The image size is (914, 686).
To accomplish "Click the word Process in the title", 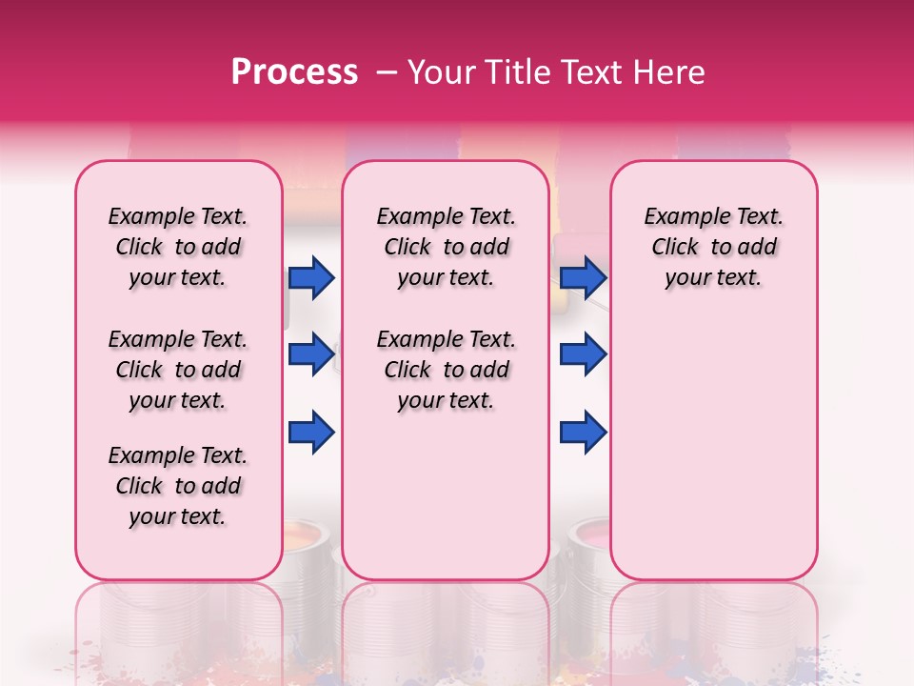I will [294, 72].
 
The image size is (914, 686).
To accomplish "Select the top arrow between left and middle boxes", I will [311, 278].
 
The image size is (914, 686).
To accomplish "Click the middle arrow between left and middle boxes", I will [311, 355].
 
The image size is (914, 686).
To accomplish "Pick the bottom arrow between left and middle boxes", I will [311, 433].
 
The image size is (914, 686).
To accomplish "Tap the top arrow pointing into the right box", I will [583, 278].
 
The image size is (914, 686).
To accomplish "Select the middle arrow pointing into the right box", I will [583, 355].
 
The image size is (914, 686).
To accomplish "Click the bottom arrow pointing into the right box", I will [583, 433].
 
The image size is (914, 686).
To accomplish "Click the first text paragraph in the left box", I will [177, 248].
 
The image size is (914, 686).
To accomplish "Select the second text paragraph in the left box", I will [177, 370].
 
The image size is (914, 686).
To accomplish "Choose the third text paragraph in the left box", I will [177, 486].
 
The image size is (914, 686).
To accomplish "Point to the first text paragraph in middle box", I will [446, 248].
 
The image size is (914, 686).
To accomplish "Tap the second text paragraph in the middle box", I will [446, 370].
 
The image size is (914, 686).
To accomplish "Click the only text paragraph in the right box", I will [713, 248].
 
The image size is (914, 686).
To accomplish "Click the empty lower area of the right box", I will [713, 448].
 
